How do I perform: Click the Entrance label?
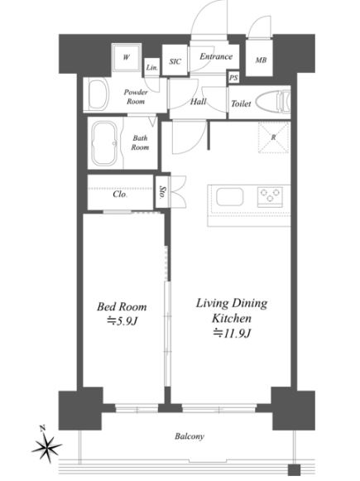tap(216, 56)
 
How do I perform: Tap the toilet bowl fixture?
tap(273, 101)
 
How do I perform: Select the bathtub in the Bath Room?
tap(104, 143)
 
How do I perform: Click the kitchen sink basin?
tap(230, 197)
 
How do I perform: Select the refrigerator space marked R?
tap(274, 137)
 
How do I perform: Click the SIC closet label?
tap(175, 61)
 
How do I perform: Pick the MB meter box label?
tap(261, 60)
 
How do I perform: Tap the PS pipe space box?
tap(233, 78)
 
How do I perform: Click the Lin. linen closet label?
tap(151, 68)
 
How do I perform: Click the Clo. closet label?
tap(120, 194)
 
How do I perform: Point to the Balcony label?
tap(190, 436)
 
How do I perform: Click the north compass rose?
tap(46, 445)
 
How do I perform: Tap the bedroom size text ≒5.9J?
tap(122, 321)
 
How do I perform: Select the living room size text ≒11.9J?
tap(232, 333)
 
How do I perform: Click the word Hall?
tap(198, 102)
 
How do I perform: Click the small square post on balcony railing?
tap(294, 469)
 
